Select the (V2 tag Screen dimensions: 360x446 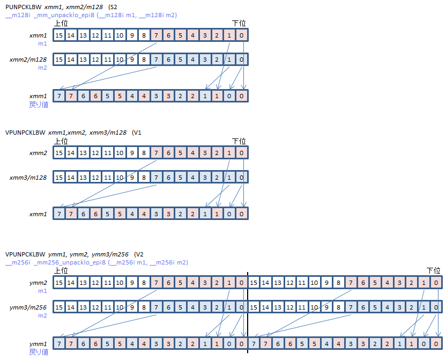click(139, 253)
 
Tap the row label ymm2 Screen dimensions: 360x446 click(39, 282)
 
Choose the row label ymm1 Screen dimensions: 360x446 click(39, 343)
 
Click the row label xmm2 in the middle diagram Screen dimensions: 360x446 click(39, 153)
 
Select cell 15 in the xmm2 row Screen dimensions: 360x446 click(59, 153)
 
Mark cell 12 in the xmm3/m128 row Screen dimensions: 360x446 click(95, 177)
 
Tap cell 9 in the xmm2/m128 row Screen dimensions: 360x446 click(132, 60)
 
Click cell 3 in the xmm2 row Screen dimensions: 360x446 click(205, 153)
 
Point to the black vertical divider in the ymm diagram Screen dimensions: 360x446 click(248, 311)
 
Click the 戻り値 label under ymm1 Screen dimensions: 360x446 click(39, 352)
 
